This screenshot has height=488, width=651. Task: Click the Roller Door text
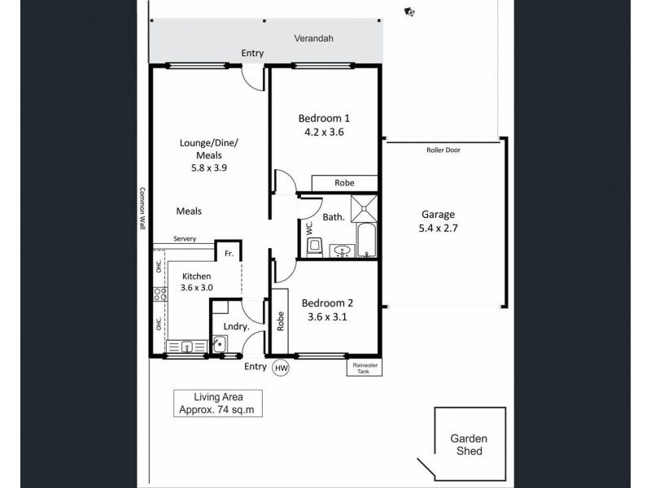tap(443, 150)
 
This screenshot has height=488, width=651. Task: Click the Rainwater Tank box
tap(363, 367)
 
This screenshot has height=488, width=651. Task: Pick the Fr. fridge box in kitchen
tap(229, 255)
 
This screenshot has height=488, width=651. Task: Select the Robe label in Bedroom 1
tap(344, 184)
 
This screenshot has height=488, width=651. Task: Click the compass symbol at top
tap(409, 11)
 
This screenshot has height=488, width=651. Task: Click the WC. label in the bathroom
tap(310, 227)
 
